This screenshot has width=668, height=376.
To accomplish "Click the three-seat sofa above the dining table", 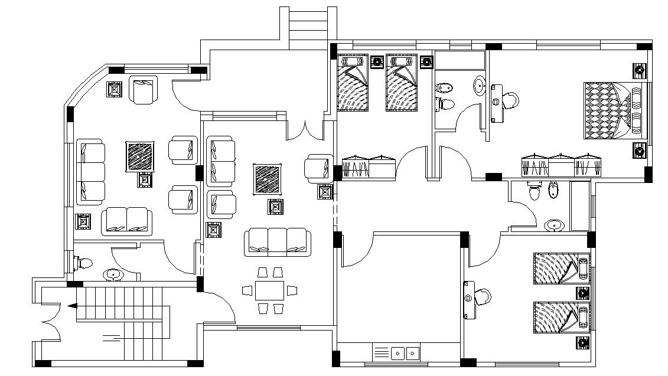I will point(278,242).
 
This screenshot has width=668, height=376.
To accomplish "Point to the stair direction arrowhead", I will point(73,306).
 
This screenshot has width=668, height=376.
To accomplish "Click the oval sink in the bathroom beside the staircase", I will point(112,274).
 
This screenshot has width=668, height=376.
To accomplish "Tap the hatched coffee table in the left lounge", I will point(141,156).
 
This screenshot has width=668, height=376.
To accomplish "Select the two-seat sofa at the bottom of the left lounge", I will point(127,221).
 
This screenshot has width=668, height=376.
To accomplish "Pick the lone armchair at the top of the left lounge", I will point(144,90).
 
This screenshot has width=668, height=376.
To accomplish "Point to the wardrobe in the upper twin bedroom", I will point(369,166).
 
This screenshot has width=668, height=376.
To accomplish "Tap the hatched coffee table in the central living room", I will point(268,179).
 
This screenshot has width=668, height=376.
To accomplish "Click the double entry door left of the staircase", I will point(50,322).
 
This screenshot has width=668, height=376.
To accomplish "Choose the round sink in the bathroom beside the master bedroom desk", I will point(479,87).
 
